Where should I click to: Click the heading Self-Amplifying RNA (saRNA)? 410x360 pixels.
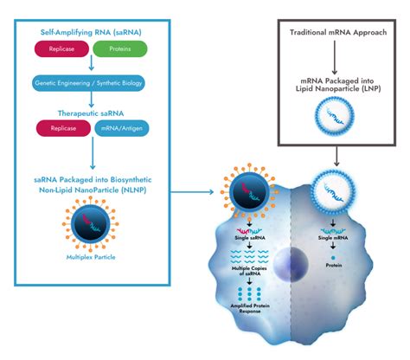(90, 32)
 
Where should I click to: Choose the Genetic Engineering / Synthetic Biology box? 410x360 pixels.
(90, 85)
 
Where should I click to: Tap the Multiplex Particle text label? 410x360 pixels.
(90, 257)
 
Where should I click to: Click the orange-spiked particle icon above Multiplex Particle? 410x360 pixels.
(90, 222)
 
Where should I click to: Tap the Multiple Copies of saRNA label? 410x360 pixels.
(249, 271)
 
